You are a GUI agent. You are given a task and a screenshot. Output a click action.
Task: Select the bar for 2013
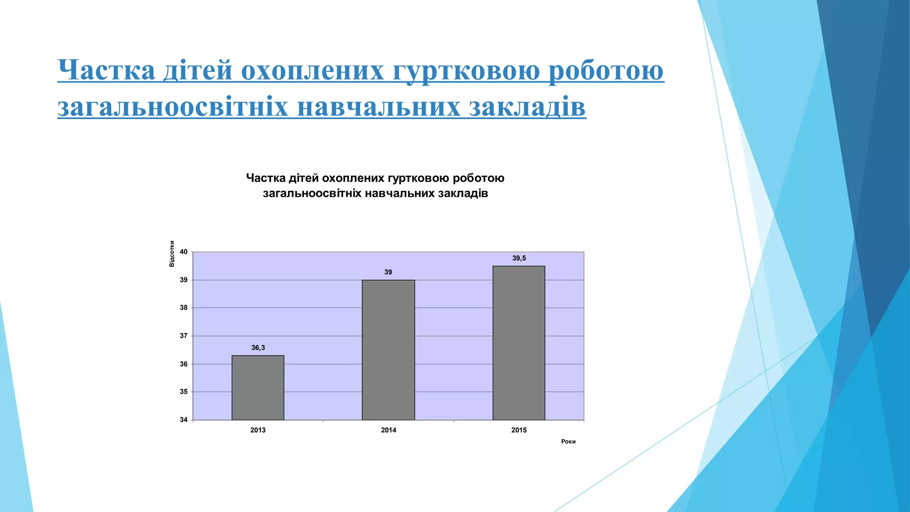click(258, 388)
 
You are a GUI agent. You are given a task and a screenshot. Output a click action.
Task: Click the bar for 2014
click(388, 350)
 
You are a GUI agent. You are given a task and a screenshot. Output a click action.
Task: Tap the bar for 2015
click(519, 343)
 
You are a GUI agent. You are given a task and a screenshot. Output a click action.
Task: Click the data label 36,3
click(258, 348)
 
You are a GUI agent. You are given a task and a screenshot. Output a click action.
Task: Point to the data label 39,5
click(519, 258)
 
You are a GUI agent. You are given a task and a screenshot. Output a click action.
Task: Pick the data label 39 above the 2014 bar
click(388, 272)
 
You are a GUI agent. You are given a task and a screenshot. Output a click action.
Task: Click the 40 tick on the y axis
click(184, 252)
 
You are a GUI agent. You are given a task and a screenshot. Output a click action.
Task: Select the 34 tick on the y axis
click(184, 420)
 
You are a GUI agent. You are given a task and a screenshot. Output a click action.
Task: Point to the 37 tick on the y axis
click(184, 336)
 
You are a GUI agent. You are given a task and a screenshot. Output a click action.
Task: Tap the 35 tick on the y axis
click(184, 392)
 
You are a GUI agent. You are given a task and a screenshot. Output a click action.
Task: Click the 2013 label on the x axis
click(258, 430)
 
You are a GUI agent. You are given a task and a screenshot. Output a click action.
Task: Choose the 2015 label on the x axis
click(519, 430)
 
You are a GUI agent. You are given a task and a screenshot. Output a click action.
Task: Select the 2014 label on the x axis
click(388, 430)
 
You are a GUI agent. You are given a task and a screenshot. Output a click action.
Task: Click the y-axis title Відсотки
click(172, 254)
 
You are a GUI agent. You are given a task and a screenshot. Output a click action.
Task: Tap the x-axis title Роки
click(568, 441)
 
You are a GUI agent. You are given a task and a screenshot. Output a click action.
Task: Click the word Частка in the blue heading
click(107, 71)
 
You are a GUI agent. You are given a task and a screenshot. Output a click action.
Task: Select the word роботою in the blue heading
click(606, 71)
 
